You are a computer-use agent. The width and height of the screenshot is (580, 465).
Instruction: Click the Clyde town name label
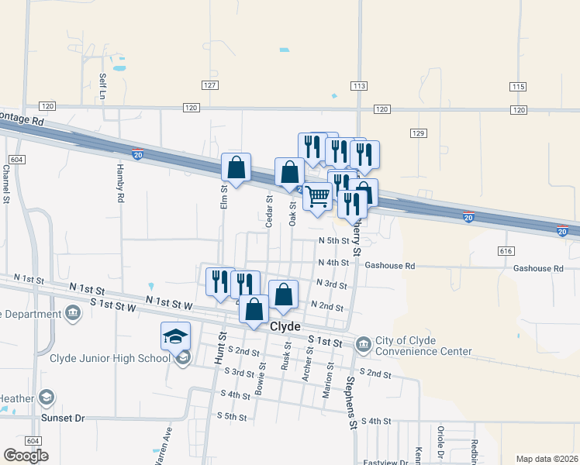(285, 327)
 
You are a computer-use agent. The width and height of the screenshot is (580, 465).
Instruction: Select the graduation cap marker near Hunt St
(175, 336)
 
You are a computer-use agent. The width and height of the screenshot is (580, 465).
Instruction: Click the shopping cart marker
(317, 198)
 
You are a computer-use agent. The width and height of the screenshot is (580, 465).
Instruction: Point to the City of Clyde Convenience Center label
(423, 346)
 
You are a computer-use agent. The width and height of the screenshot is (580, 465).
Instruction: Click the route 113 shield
(358, 85)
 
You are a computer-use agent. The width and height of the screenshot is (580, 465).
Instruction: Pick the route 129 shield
(419, 133)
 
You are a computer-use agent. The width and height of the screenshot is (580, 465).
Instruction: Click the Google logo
(26, 456)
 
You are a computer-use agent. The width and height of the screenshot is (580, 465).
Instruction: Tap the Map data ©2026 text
(547, 459)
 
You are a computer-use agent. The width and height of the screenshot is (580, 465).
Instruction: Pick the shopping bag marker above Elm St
(236, 168)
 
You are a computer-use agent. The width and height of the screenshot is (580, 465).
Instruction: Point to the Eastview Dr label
(385, 462)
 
